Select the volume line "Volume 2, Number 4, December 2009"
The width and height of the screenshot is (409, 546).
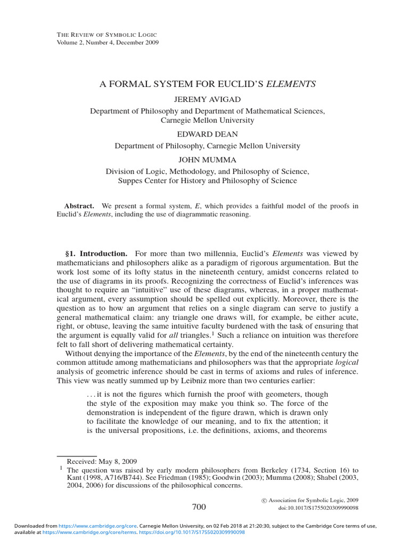[x=107, y=43]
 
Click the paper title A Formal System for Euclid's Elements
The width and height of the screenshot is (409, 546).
[x=208, y=84]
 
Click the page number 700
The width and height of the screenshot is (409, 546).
[x=198, y=506]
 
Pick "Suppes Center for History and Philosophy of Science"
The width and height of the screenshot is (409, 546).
[x=207, y=181]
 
